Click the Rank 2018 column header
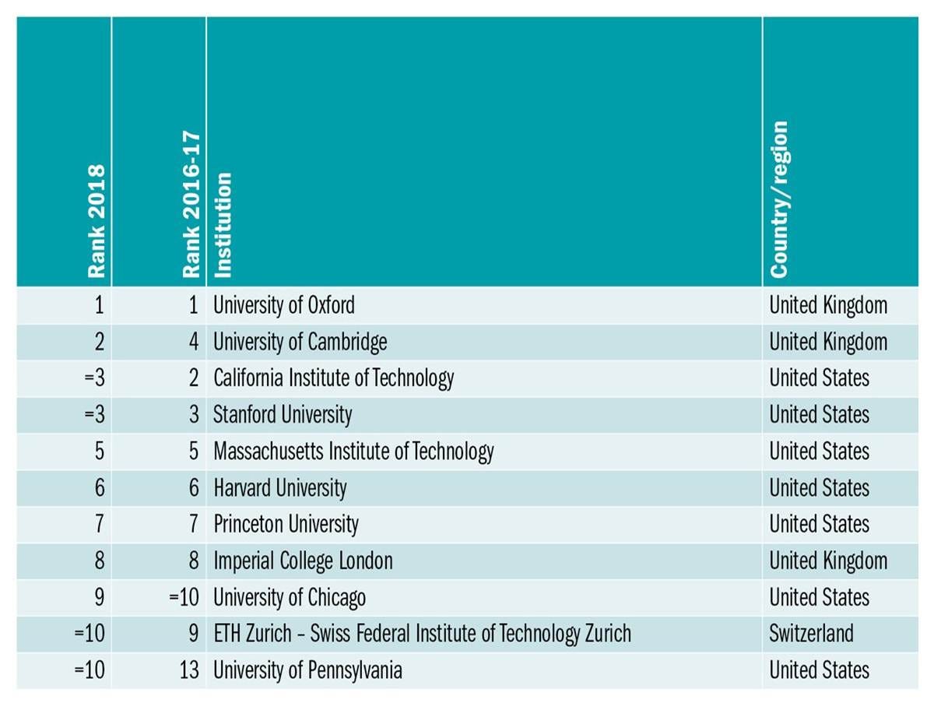click(x=96, y=220)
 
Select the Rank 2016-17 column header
click(x=191, y=205)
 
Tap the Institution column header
click(x=223, y=225)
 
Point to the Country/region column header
click(x=779, y=199)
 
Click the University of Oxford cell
click(x=284, y=305)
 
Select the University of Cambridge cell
click(x=300, y=342)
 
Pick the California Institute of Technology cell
click(x=333, y=378)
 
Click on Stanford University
click(x=283, y=415)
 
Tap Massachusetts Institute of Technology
click(x=353, y=452)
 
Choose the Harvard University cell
click(x=280, y=488)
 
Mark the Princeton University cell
click(x=286, y=524)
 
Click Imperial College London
click(x=303, y=561)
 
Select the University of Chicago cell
click(x=290, y=597)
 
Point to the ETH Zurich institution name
click(x=422, y=634)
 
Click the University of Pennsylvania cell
click(x=307, y=670)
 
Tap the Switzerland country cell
click(x=811, y=634)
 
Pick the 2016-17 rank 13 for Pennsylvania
click(x=188, y=670)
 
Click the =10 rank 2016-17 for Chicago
click(x=184, y=597)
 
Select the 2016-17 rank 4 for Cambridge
click(x=193, y=342)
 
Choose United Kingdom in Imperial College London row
click(x=828, y=561)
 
